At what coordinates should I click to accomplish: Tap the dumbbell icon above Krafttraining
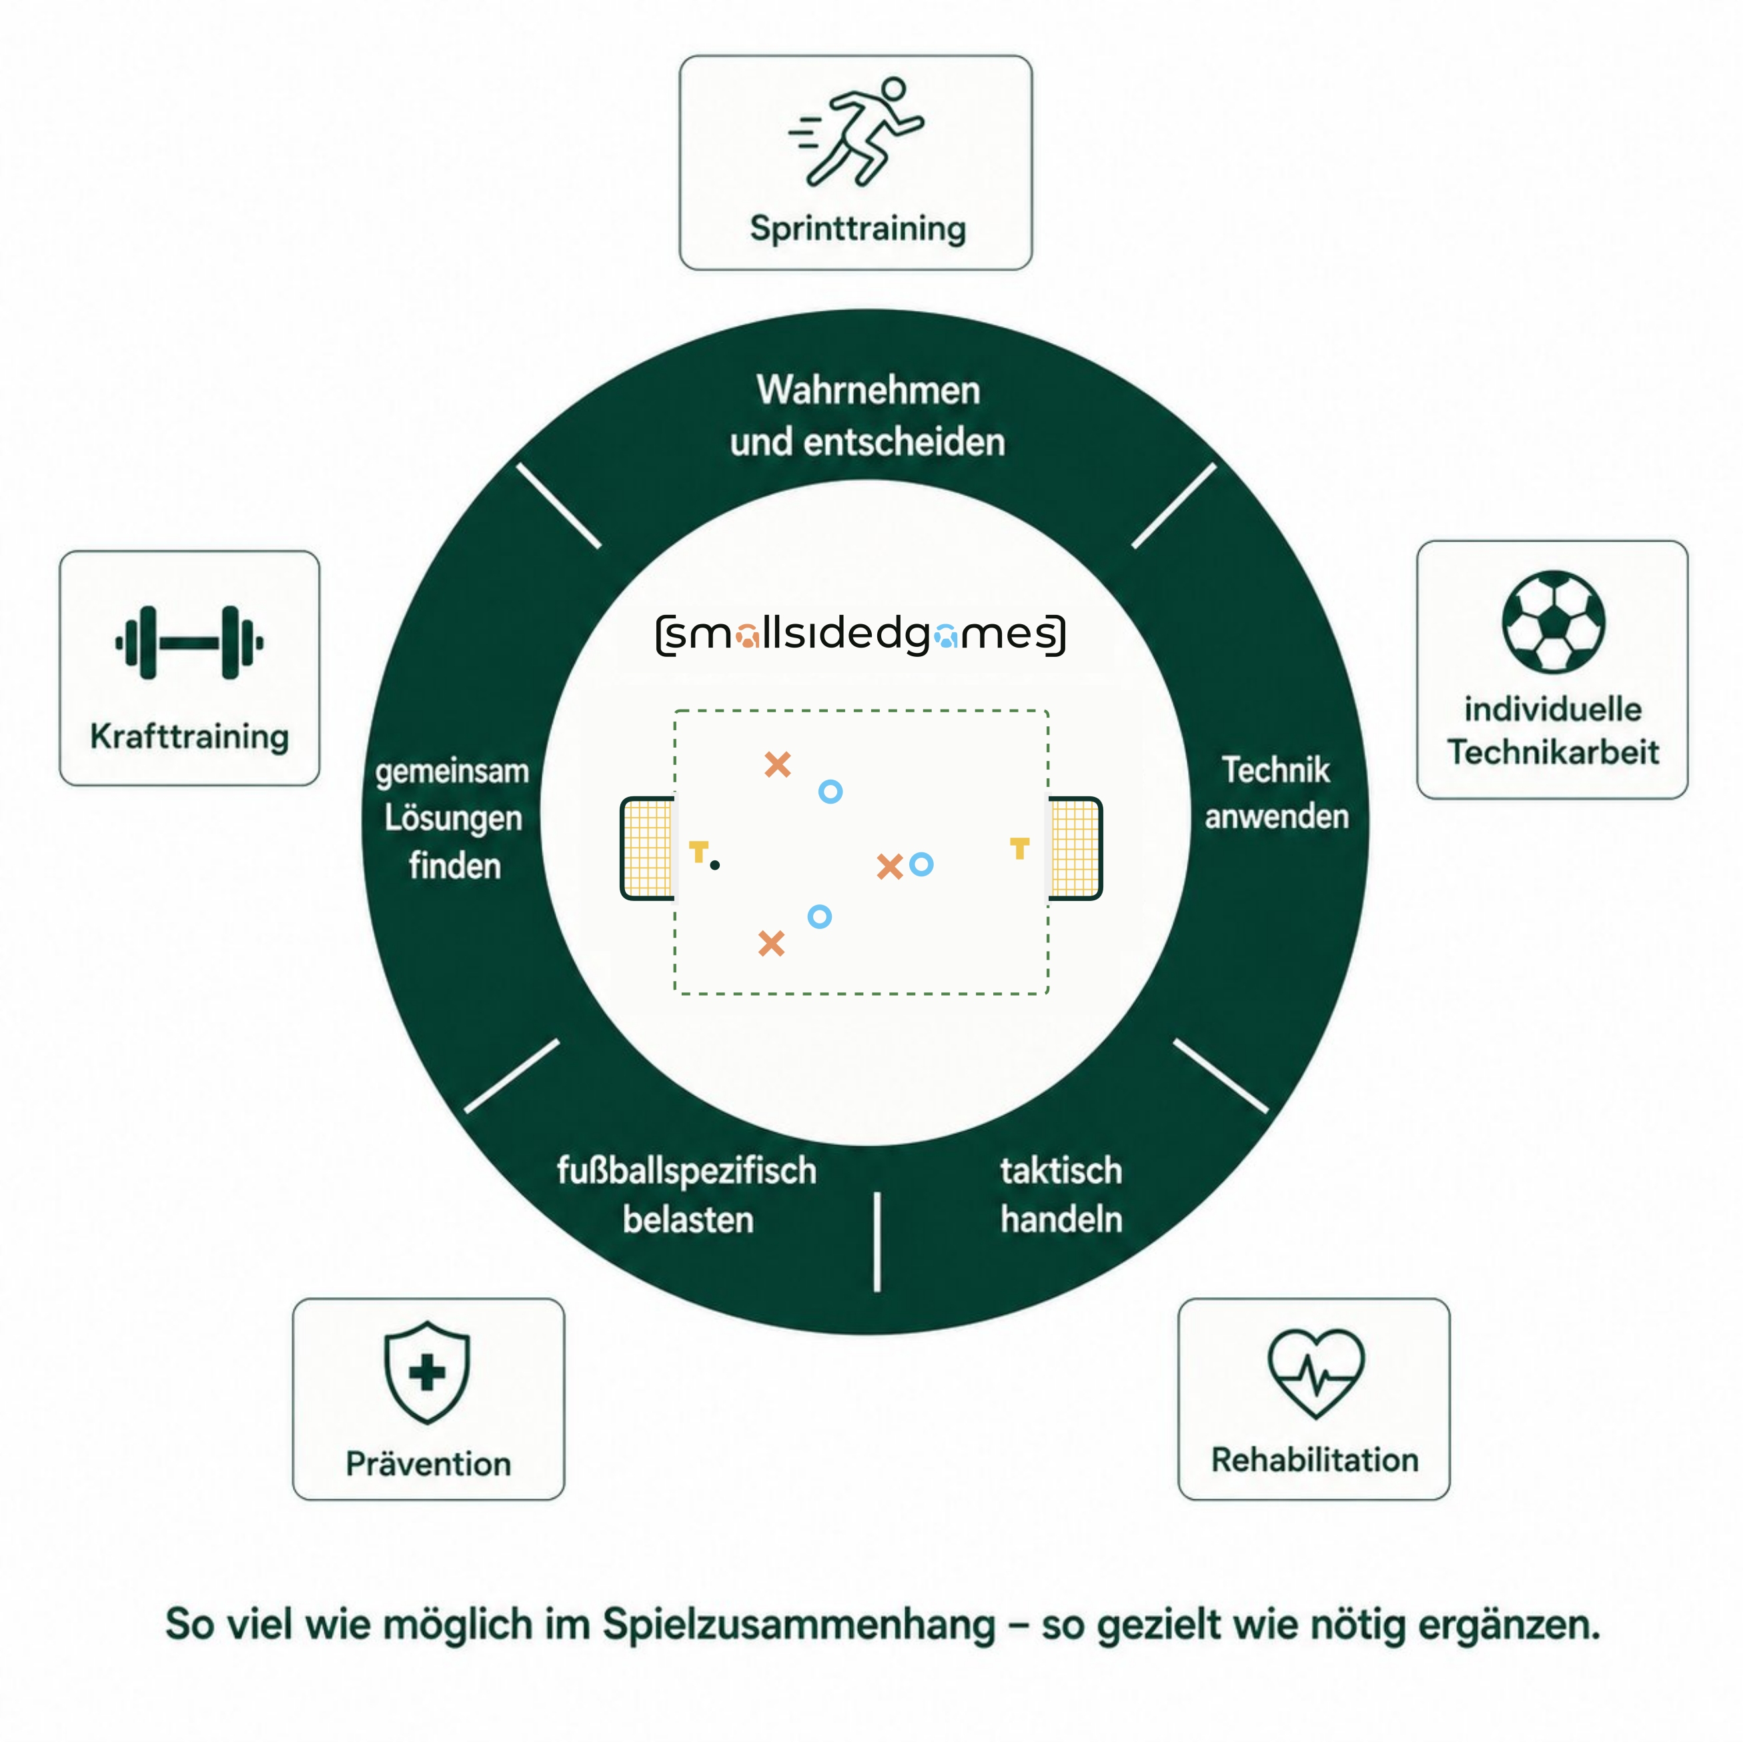pos(189,642)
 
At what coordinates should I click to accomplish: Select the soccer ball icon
pos(1553,622)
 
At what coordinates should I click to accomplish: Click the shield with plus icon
pos(427,1372)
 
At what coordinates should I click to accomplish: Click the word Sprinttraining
pos(857,229)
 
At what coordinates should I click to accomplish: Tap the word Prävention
pos(428,1463)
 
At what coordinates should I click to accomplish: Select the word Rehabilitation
pos(1315,1460)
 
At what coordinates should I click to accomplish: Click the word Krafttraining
pos(189,737)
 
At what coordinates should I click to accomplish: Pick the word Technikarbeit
pos(1553,752)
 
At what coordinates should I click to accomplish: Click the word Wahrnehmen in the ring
pos(868,391)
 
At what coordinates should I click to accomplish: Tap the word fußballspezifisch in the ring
pos(686,1172)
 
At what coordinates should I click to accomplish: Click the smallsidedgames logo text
pos(860,634)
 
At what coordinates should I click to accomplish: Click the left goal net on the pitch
pos(648,849)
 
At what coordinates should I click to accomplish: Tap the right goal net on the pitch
pos(1075,849)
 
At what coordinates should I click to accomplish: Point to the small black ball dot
pos(714,865)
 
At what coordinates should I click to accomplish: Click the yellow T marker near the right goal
pos(1019,848)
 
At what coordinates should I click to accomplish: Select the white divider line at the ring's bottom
pos(877,1241)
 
